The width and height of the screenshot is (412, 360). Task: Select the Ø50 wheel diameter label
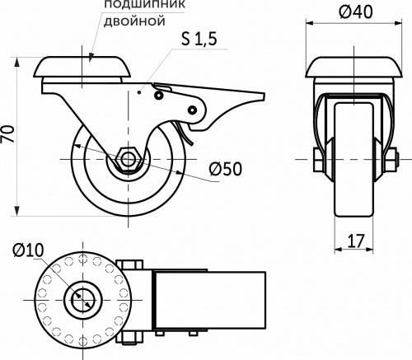point(224,169)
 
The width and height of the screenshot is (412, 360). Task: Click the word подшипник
point(138,5)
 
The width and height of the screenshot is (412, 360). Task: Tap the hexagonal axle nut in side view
point(129,158)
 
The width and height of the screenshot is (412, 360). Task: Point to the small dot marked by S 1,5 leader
point(141,93)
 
